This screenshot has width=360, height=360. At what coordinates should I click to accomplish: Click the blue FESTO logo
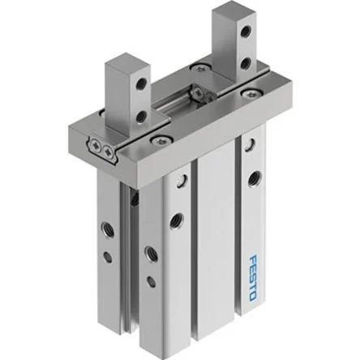253,277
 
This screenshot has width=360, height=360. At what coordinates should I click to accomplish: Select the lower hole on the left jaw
141,117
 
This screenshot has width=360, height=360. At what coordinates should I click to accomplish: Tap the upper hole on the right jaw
245,31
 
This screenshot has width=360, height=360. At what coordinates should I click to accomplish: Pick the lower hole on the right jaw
245,64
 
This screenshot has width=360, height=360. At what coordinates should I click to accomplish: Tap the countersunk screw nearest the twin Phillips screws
161,140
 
